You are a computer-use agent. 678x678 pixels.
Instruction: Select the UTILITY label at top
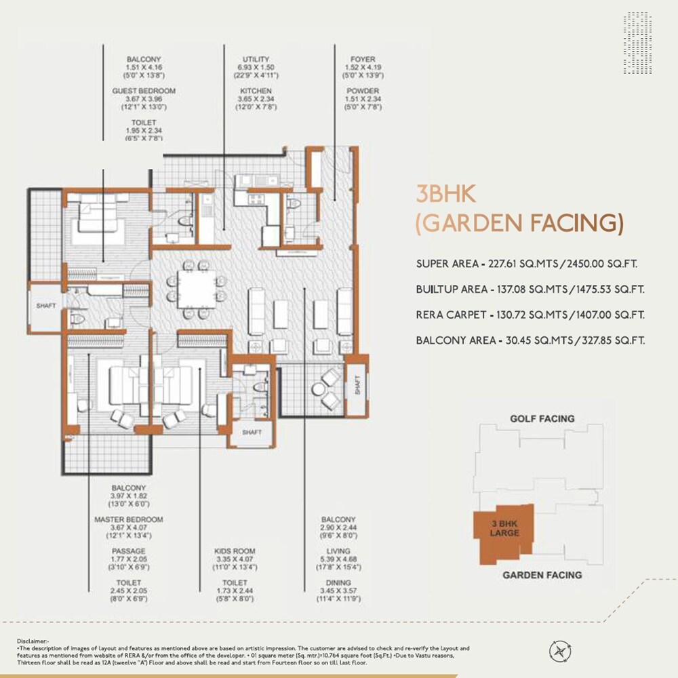256,60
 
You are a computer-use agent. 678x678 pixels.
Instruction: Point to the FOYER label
363,60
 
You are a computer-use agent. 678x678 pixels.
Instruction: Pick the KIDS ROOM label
235,551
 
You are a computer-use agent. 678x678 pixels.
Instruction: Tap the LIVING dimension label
337,551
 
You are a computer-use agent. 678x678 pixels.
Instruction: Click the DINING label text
337,582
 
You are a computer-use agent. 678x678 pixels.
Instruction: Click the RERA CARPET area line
530,315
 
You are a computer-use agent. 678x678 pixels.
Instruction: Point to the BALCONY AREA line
530,340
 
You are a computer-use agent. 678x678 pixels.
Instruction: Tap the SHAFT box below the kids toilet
252,433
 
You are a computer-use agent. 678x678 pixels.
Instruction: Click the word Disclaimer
29,639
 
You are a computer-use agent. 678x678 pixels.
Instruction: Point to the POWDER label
363,91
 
